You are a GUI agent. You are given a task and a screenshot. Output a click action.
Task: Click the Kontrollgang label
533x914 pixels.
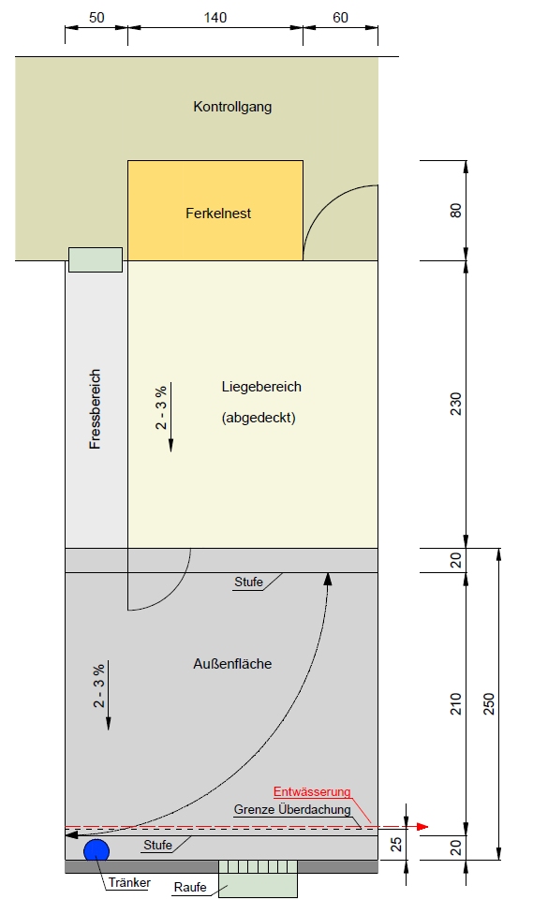coord(232,108)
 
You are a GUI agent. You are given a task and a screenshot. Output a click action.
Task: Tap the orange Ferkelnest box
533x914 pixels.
coord(215,211)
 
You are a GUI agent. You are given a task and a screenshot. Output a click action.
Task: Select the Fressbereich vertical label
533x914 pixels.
coord(95,408)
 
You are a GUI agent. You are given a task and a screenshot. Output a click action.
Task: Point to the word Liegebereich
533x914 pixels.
coord(261,387)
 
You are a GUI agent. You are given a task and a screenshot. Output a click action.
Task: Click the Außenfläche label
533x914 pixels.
coord(232,663)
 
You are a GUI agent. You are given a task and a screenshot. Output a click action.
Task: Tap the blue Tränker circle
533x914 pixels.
coord(96,850)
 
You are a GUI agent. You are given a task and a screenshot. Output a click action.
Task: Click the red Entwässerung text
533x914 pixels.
coord(312,791)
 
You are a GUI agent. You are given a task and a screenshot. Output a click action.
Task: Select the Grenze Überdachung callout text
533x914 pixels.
coord(292,810)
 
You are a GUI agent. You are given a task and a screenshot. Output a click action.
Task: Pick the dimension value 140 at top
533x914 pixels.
coord(215,18)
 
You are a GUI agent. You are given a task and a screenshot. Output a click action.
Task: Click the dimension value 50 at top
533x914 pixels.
coord(96,18)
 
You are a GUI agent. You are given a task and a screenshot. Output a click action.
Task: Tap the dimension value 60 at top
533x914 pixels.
coord(341,18)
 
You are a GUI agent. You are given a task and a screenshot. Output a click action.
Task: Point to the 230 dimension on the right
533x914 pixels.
coord(455,404)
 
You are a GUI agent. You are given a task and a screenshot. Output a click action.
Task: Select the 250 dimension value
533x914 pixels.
coord(489,703)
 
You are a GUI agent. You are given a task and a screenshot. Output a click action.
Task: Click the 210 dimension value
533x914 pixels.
coord(455,703)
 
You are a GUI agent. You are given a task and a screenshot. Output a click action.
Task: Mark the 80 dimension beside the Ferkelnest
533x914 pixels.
coord(455,211)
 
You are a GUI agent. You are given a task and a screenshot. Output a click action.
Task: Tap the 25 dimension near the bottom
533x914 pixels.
coord(396,845)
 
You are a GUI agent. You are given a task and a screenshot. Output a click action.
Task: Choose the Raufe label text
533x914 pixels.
coord(190,887)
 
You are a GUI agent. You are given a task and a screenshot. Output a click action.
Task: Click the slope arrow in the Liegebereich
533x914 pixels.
coord(170,417)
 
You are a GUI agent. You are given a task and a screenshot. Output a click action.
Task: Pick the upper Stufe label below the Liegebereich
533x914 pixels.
coord(248,582)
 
